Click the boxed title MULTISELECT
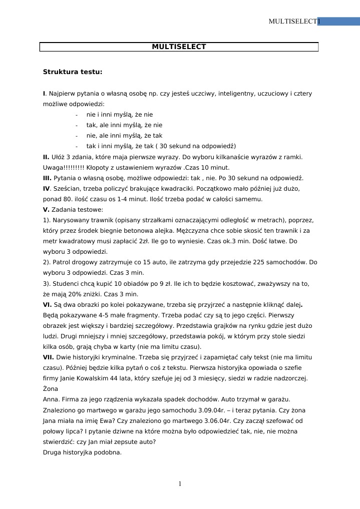click(x=179, y=47)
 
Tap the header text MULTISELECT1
click(x=294, y=21)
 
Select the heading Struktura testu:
click(x=73, y=72)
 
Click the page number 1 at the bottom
click(x=180, y=483)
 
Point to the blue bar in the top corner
click(x=338, y=21)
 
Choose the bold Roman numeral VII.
click(x=49, y=357)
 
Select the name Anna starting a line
click(x=51, y=399)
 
